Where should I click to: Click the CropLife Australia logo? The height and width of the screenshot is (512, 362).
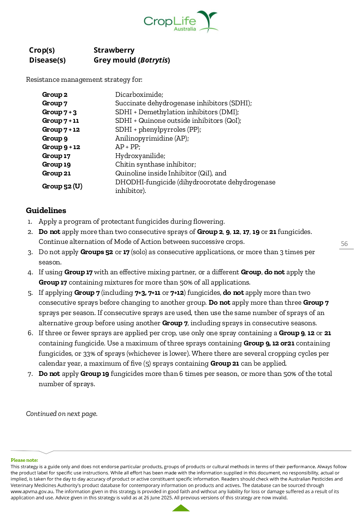point(180,22)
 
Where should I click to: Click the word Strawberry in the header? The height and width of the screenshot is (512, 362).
point(114,50)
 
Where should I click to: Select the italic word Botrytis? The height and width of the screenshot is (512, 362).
point(154,60)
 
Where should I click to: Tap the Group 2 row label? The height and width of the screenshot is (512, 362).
point(55,95)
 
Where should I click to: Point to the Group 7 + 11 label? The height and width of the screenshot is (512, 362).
point(61,121)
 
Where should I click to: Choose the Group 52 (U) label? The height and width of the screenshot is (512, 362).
point(62,186)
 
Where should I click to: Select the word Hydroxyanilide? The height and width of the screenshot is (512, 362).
point(140,156)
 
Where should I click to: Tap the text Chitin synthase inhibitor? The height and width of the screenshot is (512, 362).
point(155,165)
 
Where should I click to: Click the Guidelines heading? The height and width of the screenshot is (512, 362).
point(46,211)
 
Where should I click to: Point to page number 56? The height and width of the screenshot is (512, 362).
point(344,244)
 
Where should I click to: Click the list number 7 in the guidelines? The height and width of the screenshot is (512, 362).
point(30,374)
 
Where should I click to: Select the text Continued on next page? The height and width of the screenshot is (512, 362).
point(62,414)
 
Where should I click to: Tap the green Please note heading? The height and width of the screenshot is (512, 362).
point(24,460)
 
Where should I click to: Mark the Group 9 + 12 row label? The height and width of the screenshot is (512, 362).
point(61,147)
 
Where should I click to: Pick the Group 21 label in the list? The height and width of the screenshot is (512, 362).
point(56,173)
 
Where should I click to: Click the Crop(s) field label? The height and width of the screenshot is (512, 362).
point(42,50)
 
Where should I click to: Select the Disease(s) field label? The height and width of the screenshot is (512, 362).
point(47,60)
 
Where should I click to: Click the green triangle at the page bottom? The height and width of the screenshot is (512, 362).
point(181,508)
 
